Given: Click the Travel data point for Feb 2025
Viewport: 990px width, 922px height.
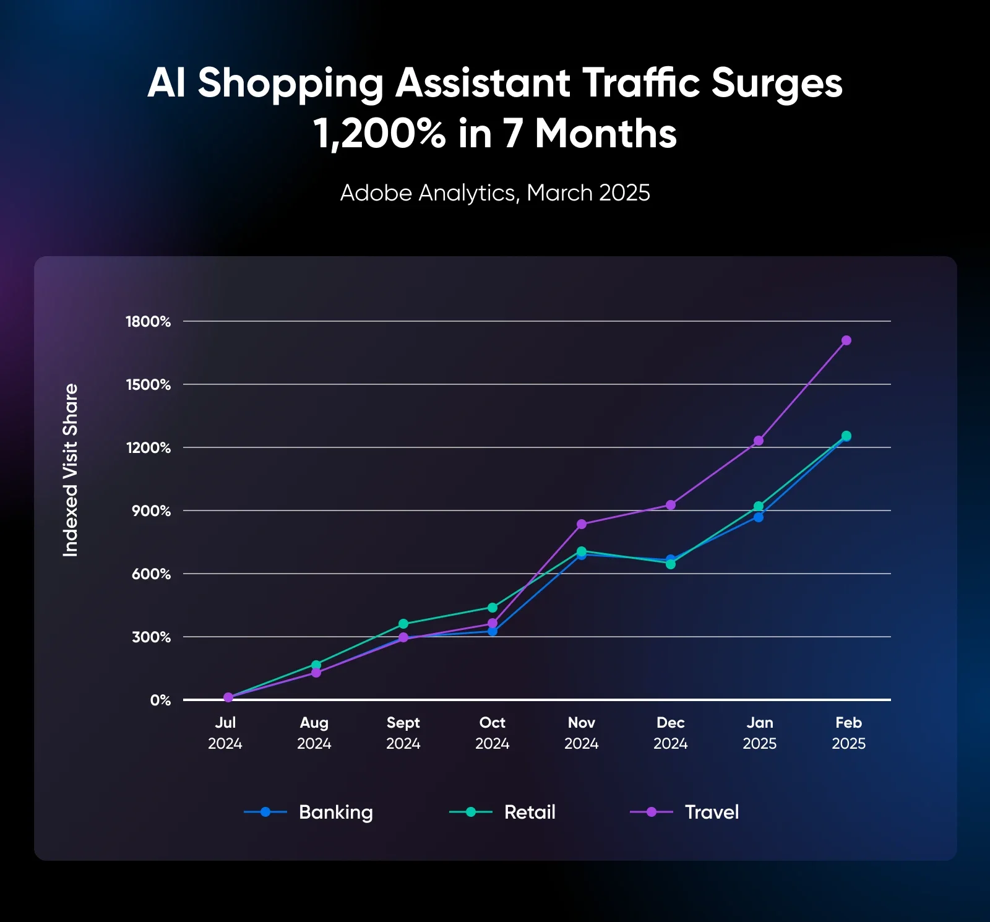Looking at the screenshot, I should [x=846, y=340].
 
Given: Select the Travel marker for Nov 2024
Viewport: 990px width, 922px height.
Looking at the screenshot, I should [x=582, y=524].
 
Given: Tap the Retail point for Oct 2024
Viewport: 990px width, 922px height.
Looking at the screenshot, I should [x=493, y=608].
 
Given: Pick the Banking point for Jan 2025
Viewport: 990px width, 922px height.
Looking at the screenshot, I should [x=759, y=517].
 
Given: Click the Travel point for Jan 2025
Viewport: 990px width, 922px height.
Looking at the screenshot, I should [x=759, y=441].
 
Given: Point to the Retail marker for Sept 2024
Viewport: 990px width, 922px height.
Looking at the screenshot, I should [x=403, y=624].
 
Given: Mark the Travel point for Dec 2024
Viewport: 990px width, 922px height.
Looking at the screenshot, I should [x=671, y=505].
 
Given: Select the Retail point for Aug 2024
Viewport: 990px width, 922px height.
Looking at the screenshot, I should [x=316, y=665].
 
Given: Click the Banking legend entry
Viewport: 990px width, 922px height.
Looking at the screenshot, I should [x=309, y=812].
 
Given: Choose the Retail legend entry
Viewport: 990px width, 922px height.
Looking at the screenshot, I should [x=502, y=812].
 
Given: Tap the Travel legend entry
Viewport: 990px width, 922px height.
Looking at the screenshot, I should [x=684, y=812].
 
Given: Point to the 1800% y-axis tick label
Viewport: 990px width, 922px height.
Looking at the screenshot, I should [x=148, y=322].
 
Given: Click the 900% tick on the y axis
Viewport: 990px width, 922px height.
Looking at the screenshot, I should [x=151, y=511].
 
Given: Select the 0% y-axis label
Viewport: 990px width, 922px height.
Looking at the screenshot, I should [x=160, y=700].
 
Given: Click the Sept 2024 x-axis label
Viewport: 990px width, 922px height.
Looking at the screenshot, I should [x=403, y=733].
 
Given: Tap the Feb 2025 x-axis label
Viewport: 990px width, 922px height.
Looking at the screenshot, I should [x=848, y=733].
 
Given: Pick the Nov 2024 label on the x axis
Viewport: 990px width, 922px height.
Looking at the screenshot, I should [x=582, y=733].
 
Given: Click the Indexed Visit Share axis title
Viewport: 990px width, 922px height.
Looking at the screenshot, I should [x=71, y=470].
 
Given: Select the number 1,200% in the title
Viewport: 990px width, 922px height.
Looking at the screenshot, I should [x=379, y=134].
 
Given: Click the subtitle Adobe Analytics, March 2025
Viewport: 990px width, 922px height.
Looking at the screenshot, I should [x=495, y=193].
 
